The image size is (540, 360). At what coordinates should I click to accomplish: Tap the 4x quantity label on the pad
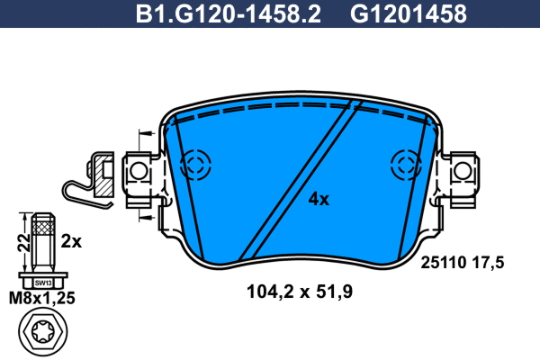[319, 199]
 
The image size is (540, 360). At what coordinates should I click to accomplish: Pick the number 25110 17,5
[459, 262]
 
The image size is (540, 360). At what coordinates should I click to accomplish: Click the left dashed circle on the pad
[193, 165]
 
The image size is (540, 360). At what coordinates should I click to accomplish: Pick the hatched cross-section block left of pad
[103, 180]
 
